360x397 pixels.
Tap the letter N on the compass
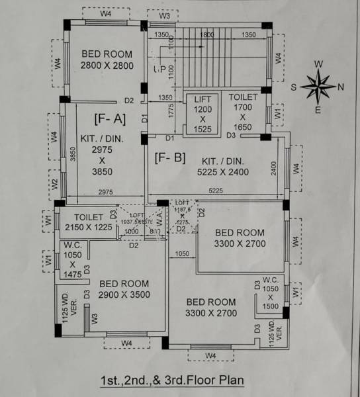click(341, 87)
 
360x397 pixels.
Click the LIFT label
click(202, 99)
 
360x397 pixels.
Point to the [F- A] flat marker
click(110, 118)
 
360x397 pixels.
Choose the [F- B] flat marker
click(169, 158)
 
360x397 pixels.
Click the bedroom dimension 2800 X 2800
click(107, 66)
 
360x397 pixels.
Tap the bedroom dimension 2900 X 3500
click(124, 294)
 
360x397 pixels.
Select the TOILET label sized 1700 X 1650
click(243, 97)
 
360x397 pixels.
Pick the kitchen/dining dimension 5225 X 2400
click(222, 171)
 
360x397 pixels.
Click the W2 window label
click(55, 183)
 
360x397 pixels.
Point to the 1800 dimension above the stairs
click(206, 34)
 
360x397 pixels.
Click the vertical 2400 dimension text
click(273, 169)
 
